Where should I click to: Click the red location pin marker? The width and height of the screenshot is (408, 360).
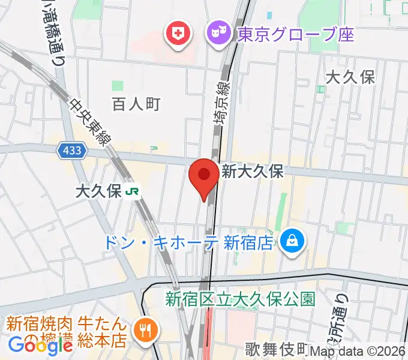[x=204, y=176]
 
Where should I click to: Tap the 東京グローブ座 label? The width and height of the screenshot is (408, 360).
[x=296, y=34]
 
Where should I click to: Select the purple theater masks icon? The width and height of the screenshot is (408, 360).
[x=215, y=33]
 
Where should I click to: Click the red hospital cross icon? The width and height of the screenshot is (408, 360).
[x=178, y=34]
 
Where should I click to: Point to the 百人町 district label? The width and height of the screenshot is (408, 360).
[x=136, y=104]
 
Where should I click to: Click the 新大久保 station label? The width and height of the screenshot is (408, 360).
[x=252, y=172]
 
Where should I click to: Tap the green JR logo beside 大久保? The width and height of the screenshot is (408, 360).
[x=133, y=191]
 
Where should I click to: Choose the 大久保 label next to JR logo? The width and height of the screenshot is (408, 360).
[x=98, y=191]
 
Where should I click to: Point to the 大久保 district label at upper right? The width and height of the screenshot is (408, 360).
[x=350, y=77]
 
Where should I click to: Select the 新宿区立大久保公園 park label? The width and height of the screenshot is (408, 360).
[x=240, y=298]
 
